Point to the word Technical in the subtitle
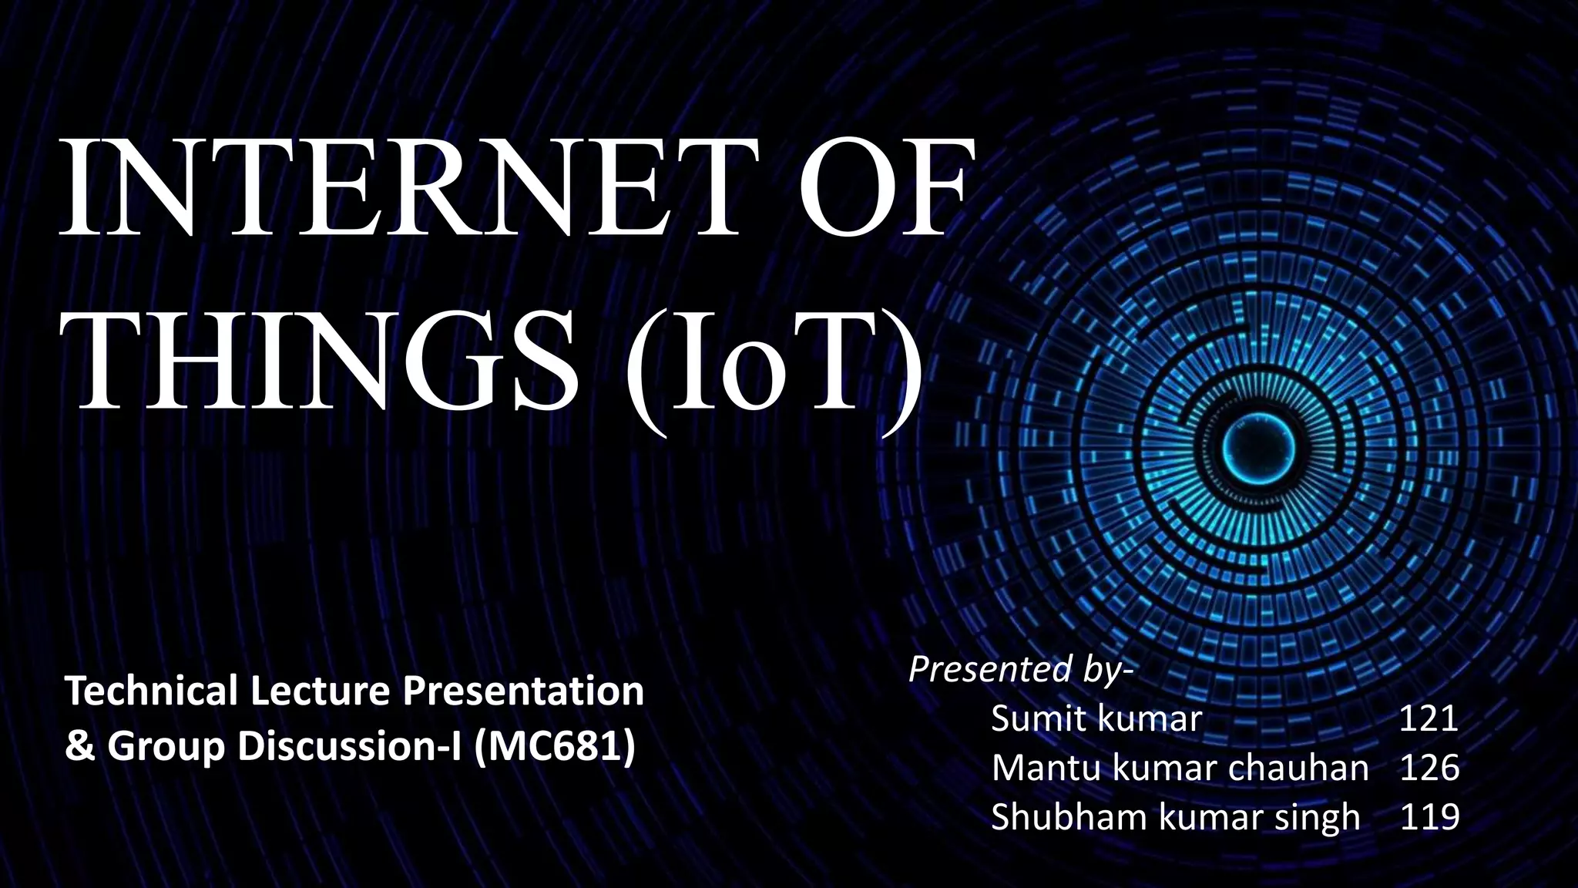pos(151,691)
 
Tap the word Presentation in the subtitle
pos(524,691)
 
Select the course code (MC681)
pos(555,746)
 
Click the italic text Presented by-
pos(1021,669)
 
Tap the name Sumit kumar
pos(1096,718)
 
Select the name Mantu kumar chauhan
pos(1179,768)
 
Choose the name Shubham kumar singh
pos(1174,817)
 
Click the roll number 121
pos(1428,718)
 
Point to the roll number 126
pos(1429,768)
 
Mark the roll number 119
pos(1429,817)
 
